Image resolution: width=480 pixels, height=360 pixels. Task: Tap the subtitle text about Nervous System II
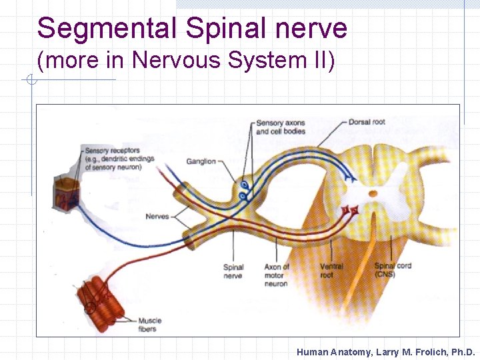coord(186,60)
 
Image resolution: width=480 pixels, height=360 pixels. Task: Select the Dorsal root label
coord(367,122)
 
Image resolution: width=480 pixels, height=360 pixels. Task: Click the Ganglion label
coord(201,161)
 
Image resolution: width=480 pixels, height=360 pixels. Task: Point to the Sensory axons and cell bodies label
coord(280,127)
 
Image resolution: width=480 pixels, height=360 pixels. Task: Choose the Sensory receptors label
coord(119,159)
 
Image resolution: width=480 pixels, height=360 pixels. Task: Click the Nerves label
coord(157,216)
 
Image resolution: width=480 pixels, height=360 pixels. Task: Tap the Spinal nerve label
coord(233,271)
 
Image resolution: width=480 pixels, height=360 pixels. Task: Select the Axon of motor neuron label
coord(276,275)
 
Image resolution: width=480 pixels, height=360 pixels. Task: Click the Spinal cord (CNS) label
coord(393,270)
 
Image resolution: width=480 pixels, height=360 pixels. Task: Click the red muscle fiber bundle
coord(100,299)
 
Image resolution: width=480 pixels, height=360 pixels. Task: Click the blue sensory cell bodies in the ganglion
coord(245,189)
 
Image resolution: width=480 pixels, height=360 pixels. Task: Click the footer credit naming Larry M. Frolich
coord(385,352)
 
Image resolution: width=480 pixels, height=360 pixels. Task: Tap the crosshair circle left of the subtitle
coord(30,81)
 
